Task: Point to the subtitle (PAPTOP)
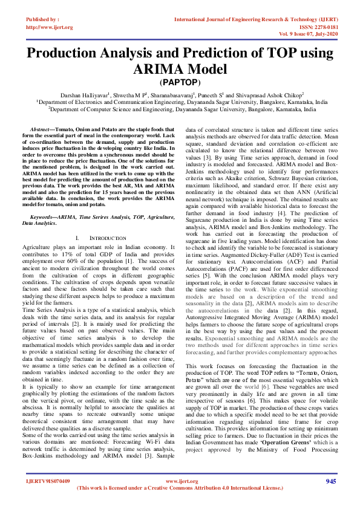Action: pos(180,82)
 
